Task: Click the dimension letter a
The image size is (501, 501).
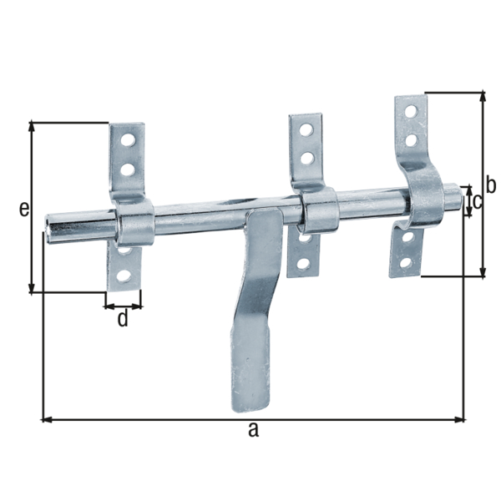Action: pos(254,431)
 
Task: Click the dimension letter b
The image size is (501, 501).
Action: pos(492,185)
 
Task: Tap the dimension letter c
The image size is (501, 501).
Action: pos(477,201)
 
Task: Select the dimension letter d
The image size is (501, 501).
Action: pos(123,318)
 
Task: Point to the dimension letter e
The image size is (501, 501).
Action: pos(24,209)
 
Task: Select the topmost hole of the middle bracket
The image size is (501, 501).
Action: pos(307,130)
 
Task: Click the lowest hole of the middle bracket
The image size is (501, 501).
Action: pos(303,264)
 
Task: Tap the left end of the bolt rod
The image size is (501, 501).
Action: pos(52,225)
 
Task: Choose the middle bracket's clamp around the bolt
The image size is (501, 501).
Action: pos(319,211)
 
